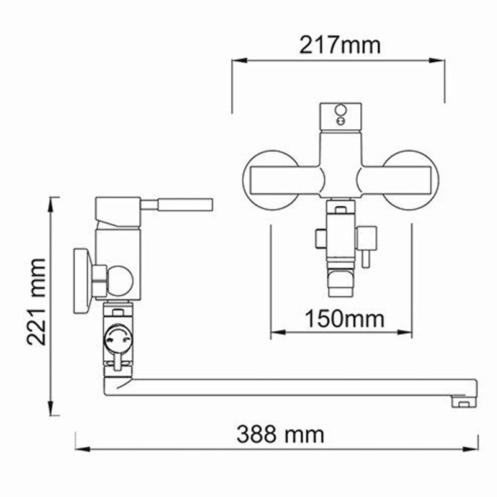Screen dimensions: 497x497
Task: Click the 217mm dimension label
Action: click(x=339, y=45)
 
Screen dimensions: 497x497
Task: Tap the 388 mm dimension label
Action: click(x=280, y=434)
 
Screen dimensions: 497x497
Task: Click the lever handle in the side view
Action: click(x=186, y=205)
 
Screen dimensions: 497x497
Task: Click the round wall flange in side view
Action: click(x=81, y=280)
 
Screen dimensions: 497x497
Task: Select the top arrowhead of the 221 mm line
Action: click(x=54, y=201)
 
